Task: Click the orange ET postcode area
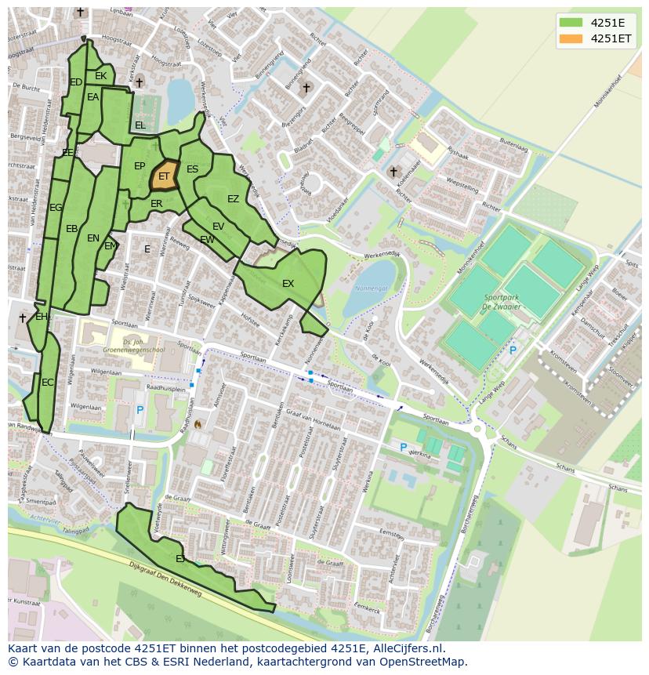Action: (x=164, y=176)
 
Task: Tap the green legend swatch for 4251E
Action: (x=571, y=22)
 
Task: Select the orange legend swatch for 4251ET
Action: (x=571, y=38)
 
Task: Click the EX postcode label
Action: (x=288, y=283)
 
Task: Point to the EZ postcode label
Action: (x=233, y=199)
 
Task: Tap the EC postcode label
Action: (x=48, y=383)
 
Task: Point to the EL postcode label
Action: (x=140, y=125)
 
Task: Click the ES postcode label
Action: (x=192, y=169)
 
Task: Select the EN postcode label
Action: (x=93, y=238)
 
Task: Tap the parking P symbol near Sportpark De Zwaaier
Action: (x=513, y=350)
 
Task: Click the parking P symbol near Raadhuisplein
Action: (x=140, y=410)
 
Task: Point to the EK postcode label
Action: (x=100, y=76)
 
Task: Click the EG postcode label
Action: (x=56, y=208)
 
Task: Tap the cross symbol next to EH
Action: (x=23, y=318)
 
